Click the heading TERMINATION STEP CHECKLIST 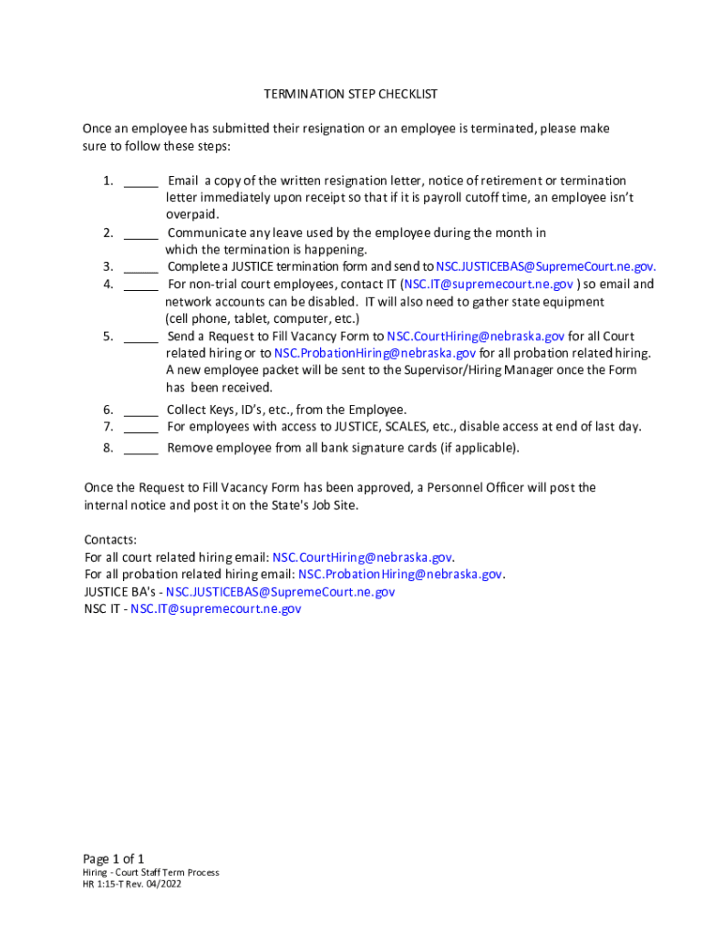pyautogui.click(x=350, y=94)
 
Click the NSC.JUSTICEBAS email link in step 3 pyautogui.click(x=545, y=267)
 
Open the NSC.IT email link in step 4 pyautogui.click(x=489, y=285)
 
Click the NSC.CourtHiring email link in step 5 pyautogui.click(x=476, y=337)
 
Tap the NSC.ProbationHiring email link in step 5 pyautogui.click(x=375, y=353)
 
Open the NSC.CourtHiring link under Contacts pyautogui.click(x=362, y=557)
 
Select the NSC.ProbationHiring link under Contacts pyautogui.click(x=400, y=575)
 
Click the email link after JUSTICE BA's pyautogui.click(x=280, y=592)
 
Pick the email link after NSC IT pyautogui.click(x=215, y=609)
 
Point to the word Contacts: pyautogui.click(x=110, y=540)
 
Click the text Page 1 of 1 pyautogui.click(x=114, y=858)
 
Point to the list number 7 pyautogui.click(x=107, y=427)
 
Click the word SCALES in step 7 pyautogui.click(x=409, y=427)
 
